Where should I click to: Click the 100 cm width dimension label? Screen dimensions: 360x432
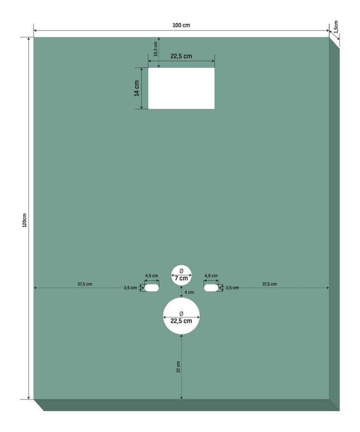(x=181, y=25)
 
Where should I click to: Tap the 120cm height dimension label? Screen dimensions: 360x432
(x=25, y=220)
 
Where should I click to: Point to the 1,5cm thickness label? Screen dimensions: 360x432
(x=336, y=27)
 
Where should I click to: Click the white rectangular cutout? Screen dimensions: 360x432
(x=181, y=88)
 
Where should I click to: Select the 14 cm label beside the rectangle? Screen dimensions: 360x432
(x=137, y=88)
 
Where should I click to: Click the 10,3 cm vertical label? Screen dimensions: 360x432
(x=156, y=49)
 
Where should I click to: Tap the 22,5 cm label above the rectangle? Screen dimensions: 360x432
(x=181, y=56)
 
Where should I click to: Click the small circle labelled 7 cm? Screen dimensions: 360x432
(x=181, y=275)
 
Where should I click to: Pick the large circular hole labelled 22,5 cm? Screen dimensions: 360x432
(x=181, y=316)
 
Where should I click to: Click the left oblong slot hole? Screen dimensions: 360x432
(x=152, y=288)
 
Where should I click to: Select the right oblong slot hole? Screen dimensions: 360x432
(x=211, y=288)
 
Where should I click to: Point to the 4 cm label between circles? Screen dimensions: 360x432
(x=189, y=292)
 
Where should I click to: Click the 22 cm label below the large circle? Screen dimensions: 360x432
(x=178, y=367)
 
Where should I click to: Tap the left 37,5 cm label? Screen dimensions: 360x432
(x=85, y=284)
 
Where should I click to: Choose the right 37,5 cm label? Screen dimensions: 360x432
(x=270, y=284)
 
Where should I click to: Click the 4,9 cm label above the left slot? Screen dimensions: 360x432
(x=152, y=276)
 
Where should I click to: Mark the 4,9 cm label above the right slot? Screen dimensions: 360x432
(x=211, y=276)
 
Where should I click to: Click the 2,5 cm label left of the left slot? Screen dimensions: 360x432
(x=130, y=288)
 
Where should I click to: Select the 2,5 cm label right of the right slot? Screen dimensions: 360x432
(x=232, y=288)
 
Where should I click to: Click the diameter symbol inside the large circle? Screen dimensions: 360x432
(x=181, y=314)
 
